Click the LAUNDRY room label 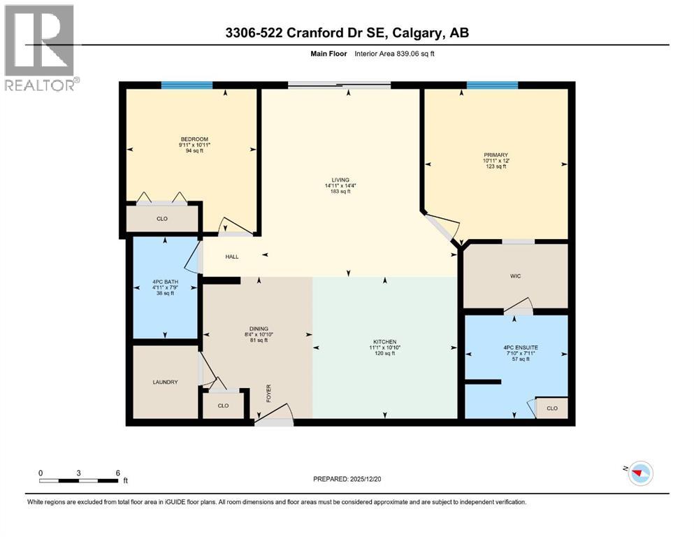(x=165, y=382)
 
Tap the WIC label (x=515, y=276)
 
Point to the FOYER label (x=268, y=393)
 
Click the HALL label (x=231, y=257)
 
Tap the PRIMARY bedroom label (x=495, y=155)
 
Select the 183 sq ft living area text (x=341, y=192)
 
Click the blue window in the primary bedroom (x=492, y=85)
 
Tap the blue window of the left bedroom (x=187, y=85)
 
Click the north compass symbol (x=639, y=473)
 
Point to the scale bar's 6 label (x=117, y=473)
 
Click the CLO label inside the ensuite (x=551, y=408)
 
